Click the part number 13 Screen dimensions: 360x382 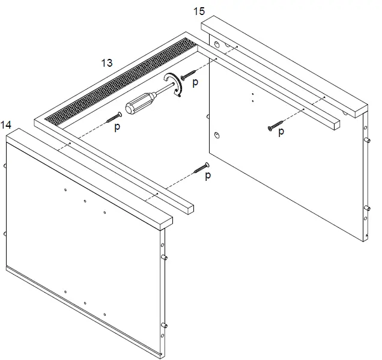(108, 62)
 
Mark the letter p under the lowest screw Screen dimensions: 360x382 (208, 176)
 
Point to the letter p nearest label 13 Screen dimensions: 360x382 (117, 126)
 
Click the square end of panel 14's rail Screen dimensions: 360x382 (188, 208)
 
